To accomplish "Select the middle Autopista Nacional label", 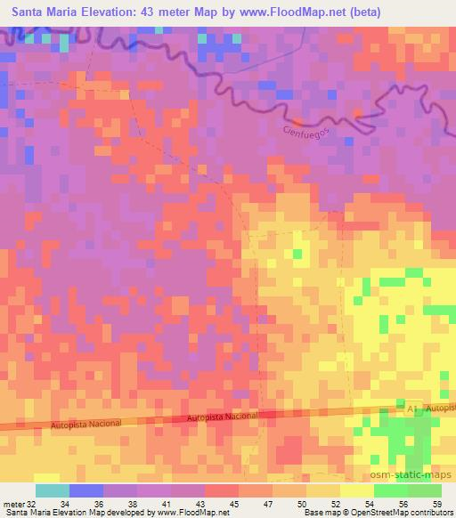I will coord(224,416).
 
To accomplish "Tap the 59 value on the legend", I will coord(437,503).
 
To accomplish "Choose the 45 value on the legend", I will coord(236,503).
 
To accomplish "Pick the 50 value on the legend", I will coord(303,503).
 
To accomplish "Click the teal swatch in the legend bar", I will coord(53,490).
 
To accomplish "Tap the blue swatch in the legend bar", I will coord(86,490).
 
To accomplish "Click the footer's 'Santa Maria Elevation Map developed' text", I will coord(71,513).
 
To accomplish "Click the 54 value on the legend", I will coord(370,503).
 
